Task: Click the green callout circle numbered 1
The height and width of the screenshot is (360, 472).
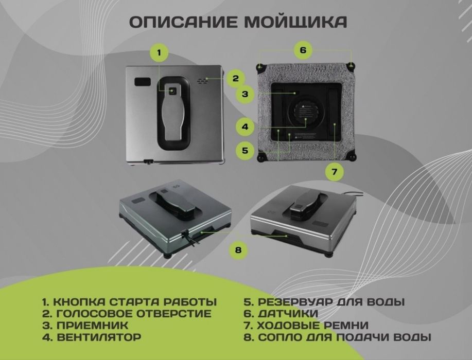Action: [x=159, y=52]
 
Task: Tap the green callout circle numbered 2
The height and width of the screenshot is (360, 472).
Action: [x=235, y=79]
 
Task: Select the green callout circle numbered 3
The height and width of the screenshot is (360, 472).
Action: [x=245, y=94]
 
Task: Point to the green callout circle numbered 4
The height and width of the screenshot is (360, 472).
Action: [x=245, y=126]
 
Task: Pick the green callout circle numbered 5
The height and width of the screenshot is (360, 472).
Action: [x=245, y=150]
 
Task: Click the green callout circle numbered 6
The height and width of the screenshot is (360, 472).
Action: [x=303, y=50]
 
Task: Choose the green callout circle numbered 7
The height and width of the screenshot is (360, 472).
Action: [x=334, y=172]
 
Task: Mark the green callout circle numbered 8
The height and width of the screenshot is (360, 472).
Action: [x=238, y=250]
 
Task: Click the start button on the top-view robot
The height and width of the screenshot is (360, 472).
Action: [x=173, y=91]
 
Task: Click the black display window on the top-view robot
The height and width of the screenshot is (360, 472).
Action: [x=142, y=82]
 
